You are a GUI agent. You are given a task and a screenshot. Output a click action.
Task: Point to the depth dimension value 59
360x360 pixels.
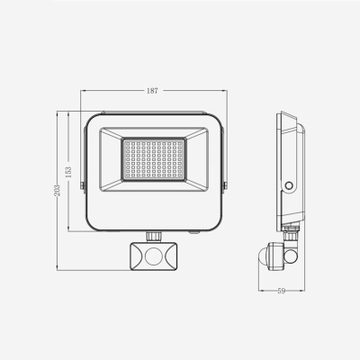point(280,289)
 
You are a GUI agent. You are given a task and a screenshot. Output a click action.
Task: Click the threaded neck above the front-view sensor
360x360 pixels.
point(153,235)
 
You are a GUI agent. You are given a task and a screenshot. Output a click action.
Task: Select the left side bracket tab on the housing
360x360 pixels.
point(82,185)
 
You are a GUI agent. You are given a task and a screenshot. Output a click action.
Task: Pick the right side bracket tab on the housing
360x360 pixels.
point(225,185)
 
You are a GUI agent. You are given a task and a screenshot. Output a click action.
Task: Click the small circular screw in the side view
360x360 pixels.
point(289,185)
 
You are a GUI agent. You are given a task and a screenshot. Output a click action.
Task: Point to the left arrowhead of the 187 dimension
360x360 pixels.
point(84,92)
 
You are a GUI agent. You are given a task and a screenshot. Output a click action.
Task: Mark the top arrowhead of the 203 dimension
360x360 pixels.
point(59,113)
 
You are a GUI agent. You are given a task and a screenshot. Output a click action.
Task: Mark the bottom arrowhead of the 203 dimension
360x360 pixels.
point(59,268)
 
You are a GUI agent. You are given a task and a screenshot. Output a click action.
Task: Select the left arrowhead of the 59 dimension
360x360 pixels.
point(258,290)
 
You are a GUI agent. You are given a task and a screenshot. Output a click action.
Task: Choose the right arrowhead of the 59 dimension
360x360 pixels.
point(301,290)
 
